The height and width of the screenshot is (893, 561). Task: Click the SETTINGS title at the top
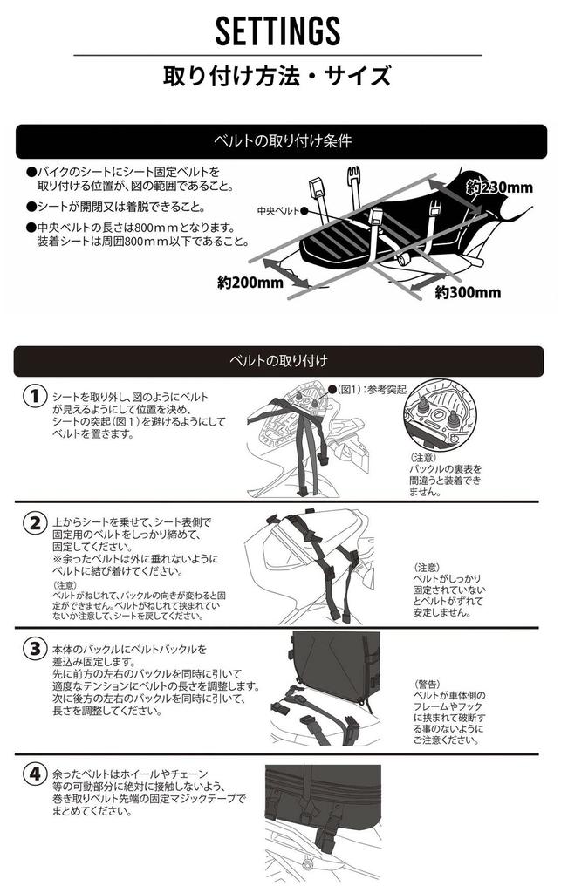278,31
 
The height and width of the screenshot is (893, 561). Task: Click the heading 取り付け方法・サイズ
277,75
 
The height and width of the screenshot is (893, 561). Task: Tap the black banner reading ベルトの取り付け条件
281,140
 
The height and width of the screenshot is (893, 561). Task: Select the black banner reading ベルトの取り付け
278,360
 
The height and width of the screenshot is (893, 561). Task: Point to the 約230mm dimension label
499,187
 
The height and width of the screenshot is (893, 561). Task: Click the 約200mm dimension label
250,282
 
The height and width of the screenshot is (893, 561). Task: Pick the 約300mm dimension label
468,292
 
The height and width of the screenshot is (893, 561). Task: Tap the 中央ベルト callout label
278,211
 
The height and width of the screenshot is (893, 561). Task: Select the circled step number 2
35,522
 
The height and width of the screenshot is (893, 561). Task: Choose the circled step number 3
35,648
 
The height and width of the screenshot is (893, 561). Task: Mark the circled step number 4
35,774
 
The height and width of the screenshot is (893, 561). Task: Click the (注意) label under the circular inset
422,457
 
